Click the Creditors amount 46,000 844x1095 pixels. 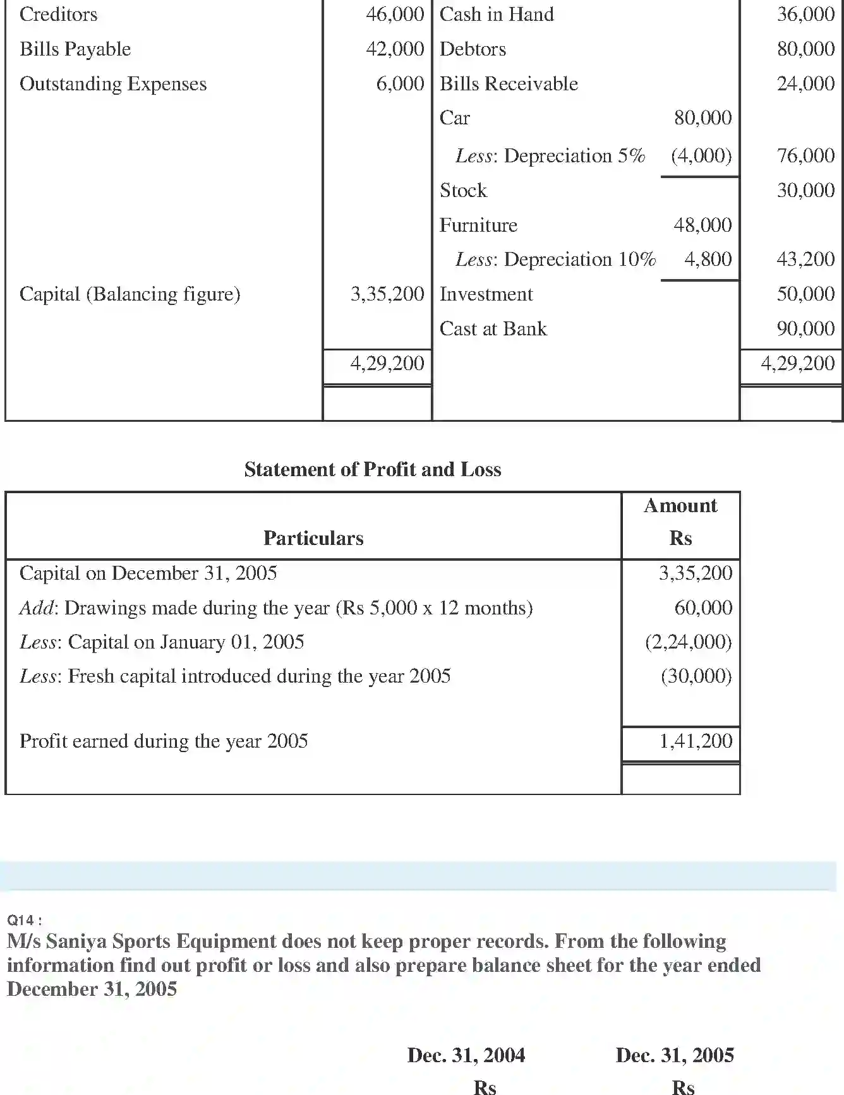(x=395, y=15)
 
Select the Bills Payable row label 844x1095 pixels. (x=75, y=49)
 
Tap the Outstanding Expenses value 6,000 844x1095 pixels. (x=400, y=84)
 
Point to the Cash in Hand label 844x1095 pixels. (x=497, y=15)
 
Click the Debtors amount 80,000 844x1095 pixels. (x=805, y=49)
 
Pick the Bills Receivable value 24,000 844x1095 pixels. (x=805, y=84)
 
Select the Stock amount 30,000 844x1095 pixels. (x=805, y=190)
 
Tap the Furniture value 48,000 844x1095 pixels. (x=702, y=225)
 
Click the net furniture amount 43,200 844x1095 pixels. (x=805, y=259)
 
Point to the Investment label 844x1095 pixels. (x=486, y=294)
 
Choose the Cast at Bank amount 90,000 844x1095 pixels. (x=805, y=328)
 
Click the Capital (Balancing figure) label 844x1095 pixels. (x=130, y=294)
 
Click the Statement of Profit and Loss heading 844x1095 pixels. (x=373, y=469)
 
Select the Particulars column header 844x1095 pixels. (x=313, y=538)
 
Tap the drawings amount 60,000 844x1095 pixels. (x=703, y=607)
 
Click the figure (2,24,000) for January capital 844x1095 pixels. (x=688, y=642)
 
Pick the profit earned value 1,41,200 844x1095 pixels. (x=696, y=741)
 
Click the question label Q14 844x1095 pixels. (x=24, y=920)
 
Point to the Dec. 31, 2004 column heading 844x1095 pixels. (x=466, y=1055)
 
